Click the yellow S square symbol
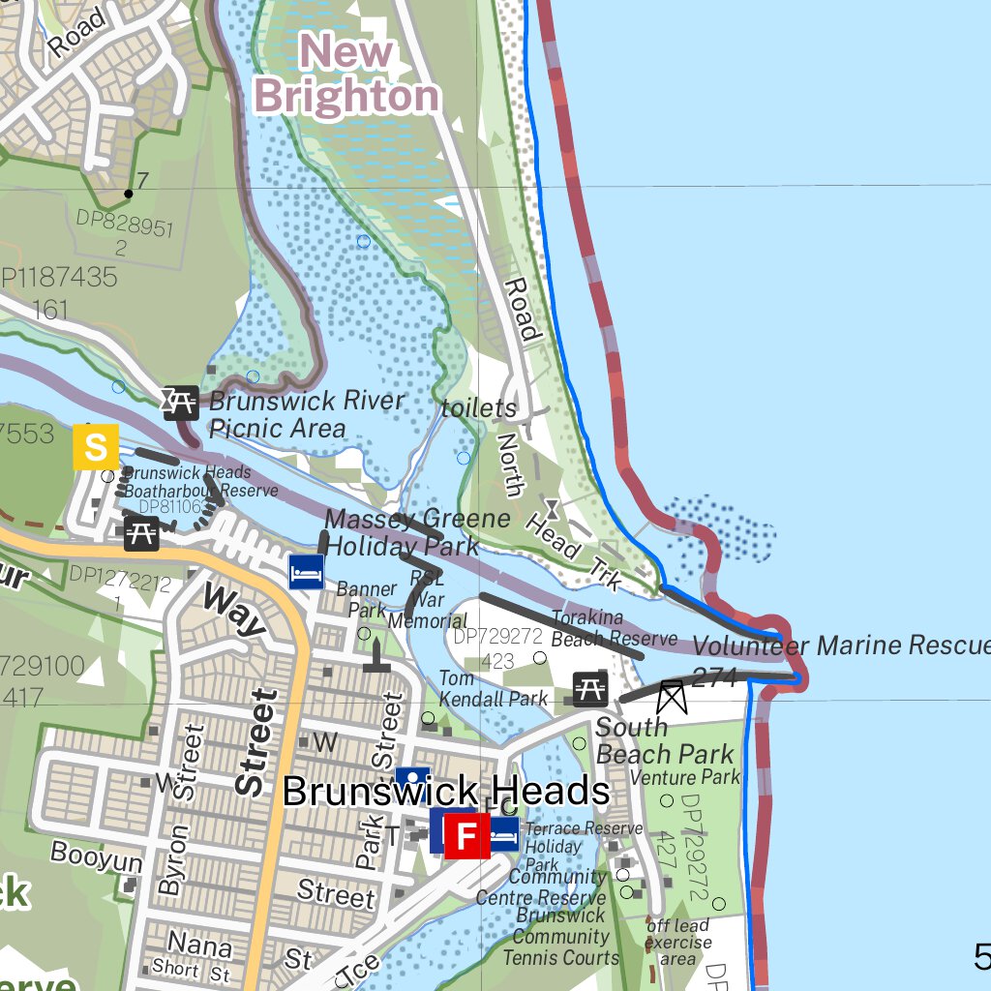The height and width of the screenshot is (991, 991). tap(96, 447)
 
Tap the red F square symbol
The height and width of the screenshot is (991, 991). tap(466, 835)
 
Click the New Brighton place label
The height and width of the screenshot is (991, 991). tap(346, 75)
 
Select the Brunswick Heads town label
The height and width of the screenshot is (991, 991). tap(446, 792)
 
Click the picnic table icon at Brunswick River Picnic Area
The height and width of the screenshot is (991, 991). tap(180, 401)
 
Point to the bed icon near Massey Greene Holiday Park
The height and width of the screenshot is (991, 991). tap(307, 572)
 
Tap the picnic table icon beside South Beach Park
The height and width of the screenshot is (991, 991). tap(590, 688)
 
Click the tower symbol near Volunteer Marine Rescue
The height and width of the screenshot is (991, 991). tap(670, 697)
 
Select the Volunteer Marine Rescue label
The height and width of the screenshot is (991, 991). tap(840, 646)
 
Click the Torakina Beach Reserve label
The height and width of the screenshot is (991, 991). tap(614, 628)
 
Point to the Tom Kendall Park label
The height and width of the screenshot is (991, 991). tap(493, 688)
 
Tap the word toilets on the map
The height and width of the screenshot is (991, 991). tap(479, 408)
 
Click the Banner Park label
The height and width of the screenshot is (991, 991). tap(366, 599)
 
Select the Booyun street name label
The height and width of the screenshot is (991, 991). tap(97, 856)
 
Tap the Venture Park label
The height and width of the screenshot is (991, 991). tap(685, 777)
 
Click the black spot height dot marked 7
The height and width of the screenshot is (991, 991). tap(129, 194)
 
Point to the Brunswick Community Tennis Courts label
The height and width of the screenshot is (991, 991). tap(560, 936)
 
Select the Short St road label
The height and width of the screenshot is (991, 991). tap(191, 969)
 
